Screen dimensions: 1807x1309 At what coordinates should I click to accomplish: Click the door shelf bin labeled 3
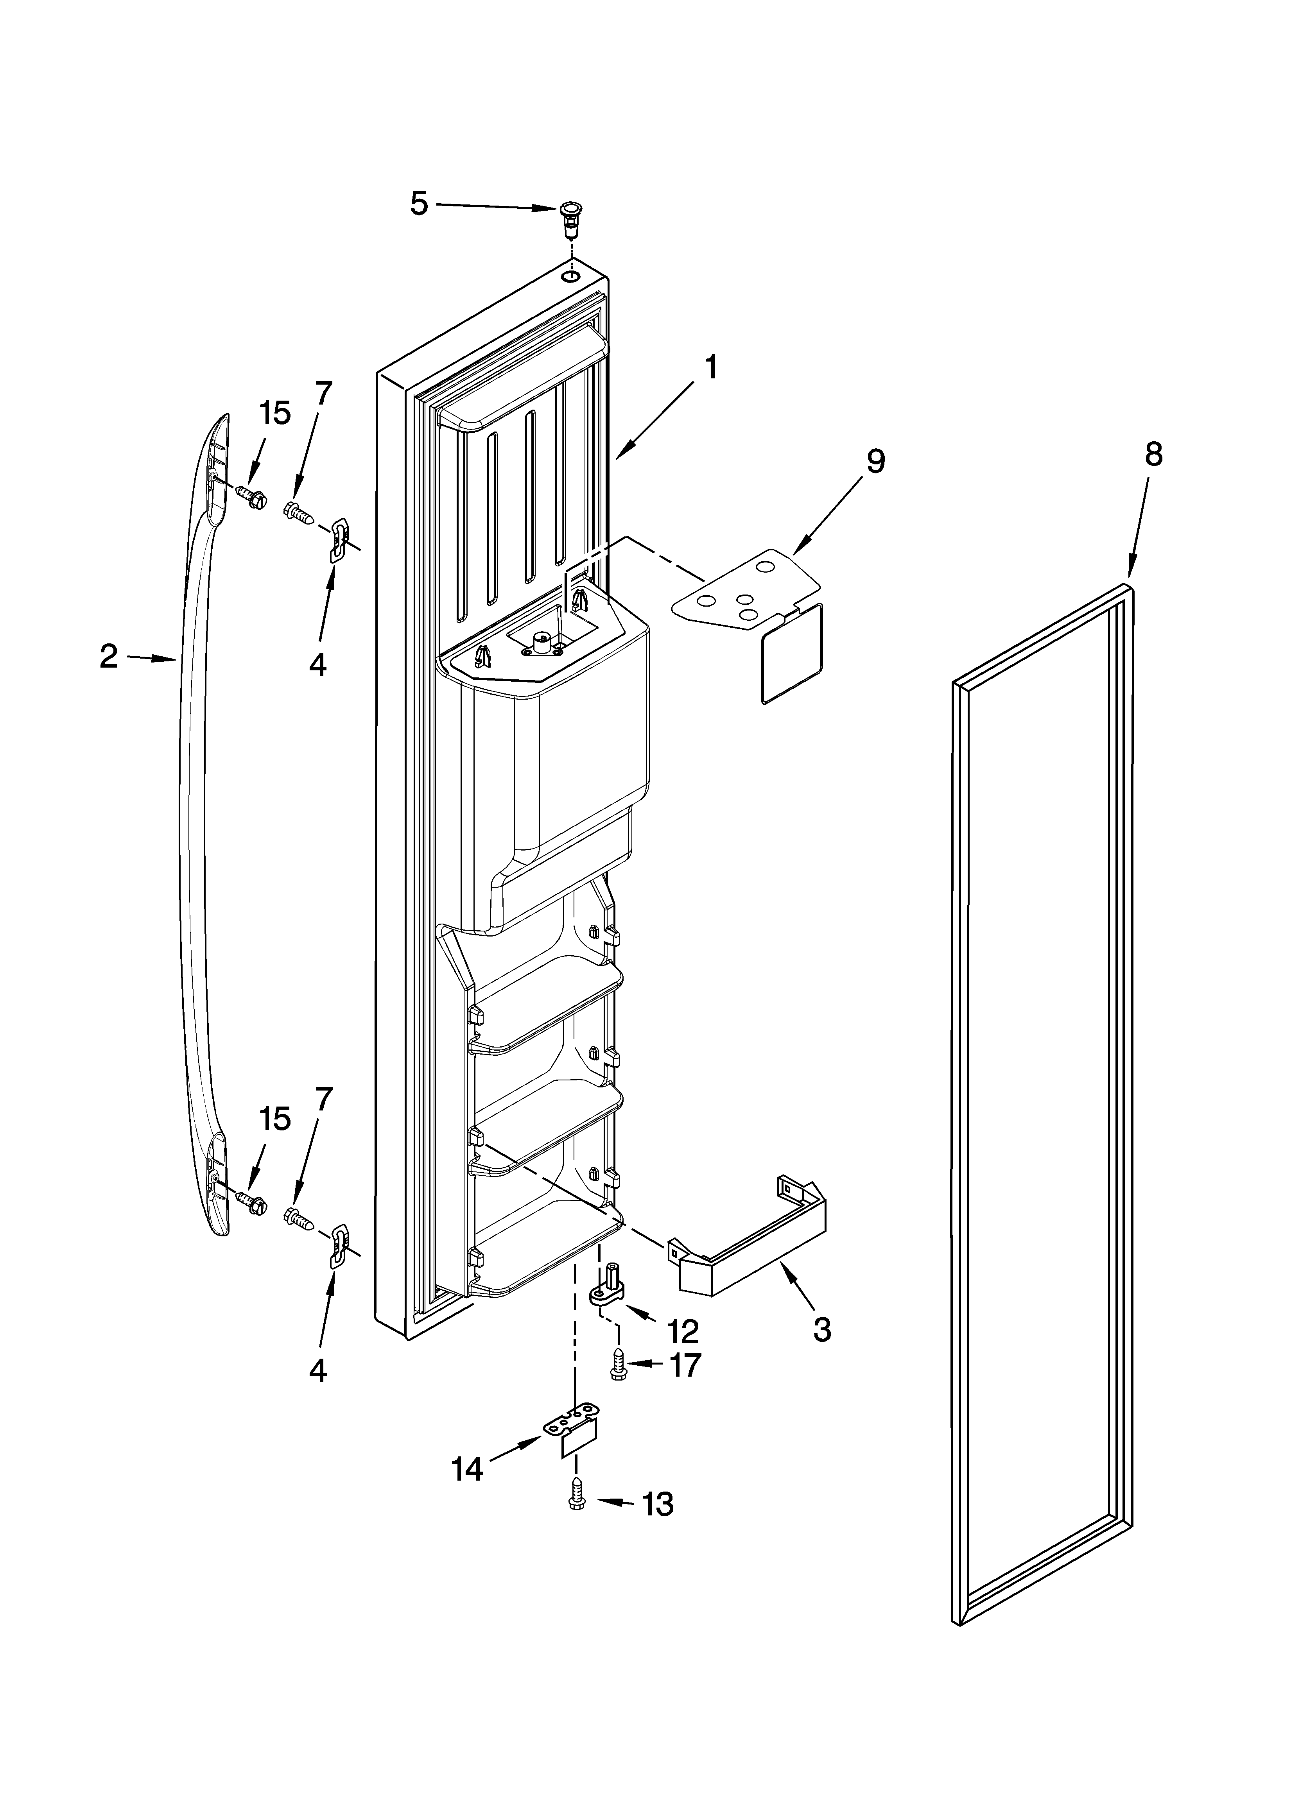[750, 1252]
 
